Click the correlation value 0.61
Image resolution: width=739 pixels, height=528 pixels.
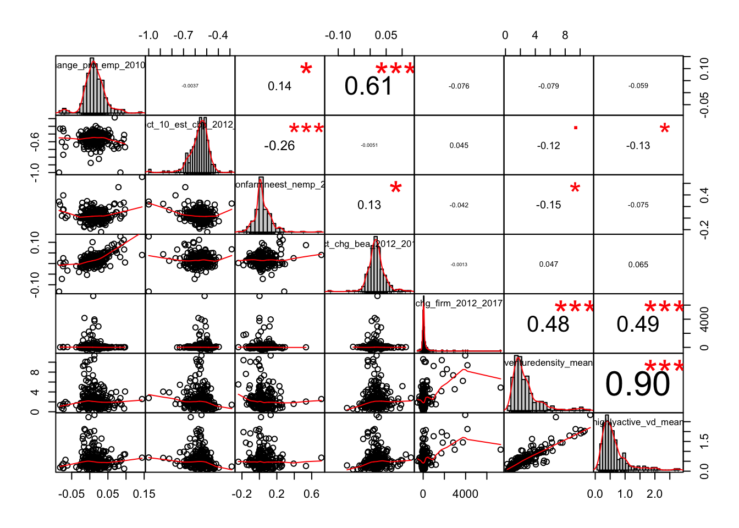369,86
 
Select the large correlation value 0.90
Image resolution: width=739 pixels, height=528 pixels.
638,384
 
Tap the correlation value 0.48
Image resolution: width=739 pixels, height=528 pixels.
548,324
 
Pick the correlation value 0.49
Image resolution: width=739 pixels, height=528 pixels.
638,324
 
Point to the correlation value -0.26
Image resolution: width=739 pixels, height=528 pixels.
279,146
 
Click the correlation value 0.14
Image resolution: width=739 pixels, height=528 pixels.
279,86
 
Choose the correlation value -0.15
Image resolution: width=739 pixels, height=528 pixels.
548,205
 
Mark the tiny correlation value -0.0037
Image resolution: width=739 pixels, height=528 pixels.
190,86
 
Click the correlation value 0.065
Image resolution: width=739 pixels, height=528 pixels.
638,265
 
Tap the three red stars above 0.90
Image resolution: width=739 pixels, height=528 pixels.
664,367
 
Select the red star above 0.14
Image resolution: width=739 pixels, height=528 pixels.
306,69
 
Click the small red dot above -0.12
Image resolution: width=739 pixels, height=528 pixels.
575,128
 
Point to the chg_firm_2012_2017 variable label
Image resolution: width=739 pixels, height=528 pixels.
459,303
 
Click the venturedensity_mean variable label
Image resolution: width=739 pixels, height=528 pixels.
549,362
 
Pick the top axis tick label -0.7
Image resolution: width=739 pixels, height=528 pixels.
183,35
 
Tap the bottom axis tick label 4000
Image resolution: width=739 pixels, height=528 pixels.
465,494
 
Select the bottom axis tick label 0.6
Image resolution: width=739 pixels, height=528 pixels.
311,494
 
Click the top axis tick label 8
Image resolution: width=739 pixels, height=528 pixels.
565,35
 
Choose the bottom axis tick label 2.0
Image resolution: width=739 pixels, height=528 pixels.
654,494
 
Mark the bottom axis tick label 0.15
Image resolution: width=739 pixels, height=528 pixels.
144,494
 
